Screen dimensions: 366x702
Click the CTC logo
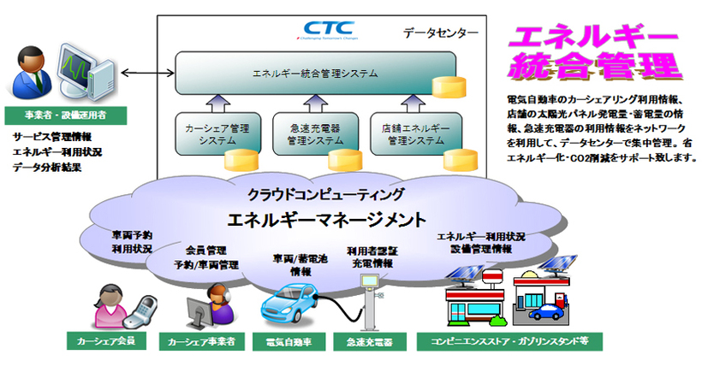[318, 32]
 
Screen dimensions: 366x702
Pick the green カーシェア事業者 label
[202, 342]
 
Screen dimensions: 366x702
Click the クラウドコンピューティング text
[315, 192]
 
